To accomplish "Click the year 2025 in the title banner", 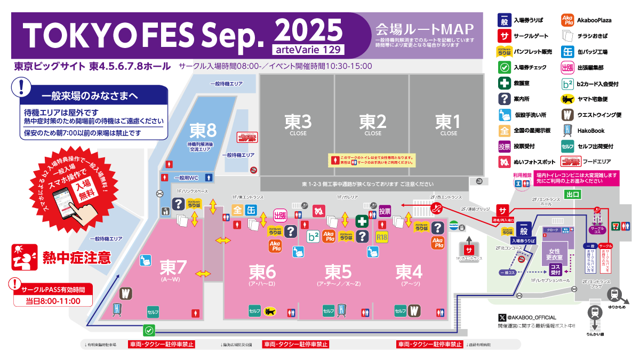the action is pos(308,29).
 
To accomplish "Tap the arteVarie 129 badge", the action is pos(308,50).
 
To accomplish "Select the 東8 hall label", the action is pos(203,131).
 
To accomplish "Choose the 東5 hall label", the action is pos(339,272).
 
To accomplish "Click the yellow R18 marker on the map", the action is pos(381,237).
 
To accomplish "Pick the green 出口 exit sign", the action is pos(573,195).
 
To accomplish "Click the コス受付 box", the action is pos(555,270).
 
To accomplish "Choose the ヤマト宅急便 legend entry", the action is pos(592,99).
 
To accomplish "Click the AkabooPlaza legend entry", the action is pos(594,21).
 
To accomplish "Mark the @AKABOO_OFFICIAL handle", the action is pos(527,317).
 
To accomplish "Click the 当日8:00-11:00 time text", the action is pos(53,301).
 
